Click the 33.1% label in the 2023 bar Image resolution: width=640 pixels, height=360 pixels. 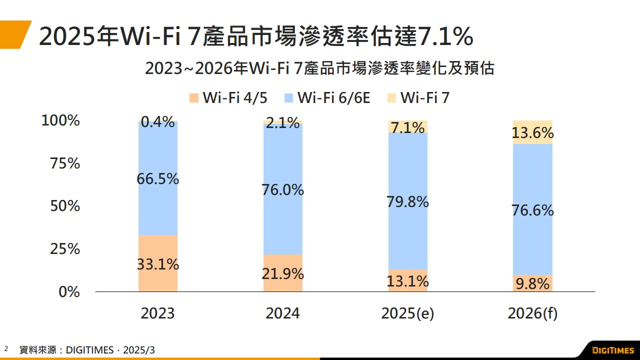[158, 264]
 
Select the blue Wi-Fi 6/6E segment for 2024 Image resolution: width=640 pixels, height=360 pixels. [283, 220]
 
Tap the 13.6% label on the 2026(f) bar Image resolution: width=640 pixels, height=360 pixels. [533, 133]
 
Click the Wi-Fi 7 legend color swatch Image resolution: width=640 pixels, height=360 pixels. [391, 98]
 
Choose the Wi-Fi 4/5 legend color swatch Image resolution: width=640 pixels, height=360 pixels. [194, 98]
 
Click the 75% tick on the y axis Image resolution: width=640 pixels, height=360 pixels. [65, 163]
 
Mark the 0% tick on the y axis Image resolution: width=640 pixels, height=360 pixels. [69, 291]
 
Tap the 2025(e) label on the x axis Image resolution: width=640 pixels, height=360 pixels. [407, 313]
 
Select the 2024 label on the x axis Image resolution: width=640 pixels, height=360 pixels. [282, 313]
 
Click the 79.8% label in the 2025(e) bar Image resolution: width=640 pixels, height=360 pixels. [408, 202]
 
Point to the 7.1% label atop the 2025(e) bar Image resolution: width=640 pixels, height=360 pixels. [408, 127]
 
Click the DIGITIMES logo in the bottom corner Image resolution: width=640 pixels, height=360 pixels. [612, 350]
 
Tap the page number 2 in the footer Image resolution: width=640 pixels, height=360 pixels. [6, 348]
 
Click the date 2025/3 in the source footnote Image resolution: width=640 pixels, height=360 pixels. [138, 350]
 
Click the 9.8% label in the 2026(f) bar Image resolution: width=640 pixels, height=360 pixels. [533, 284]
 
